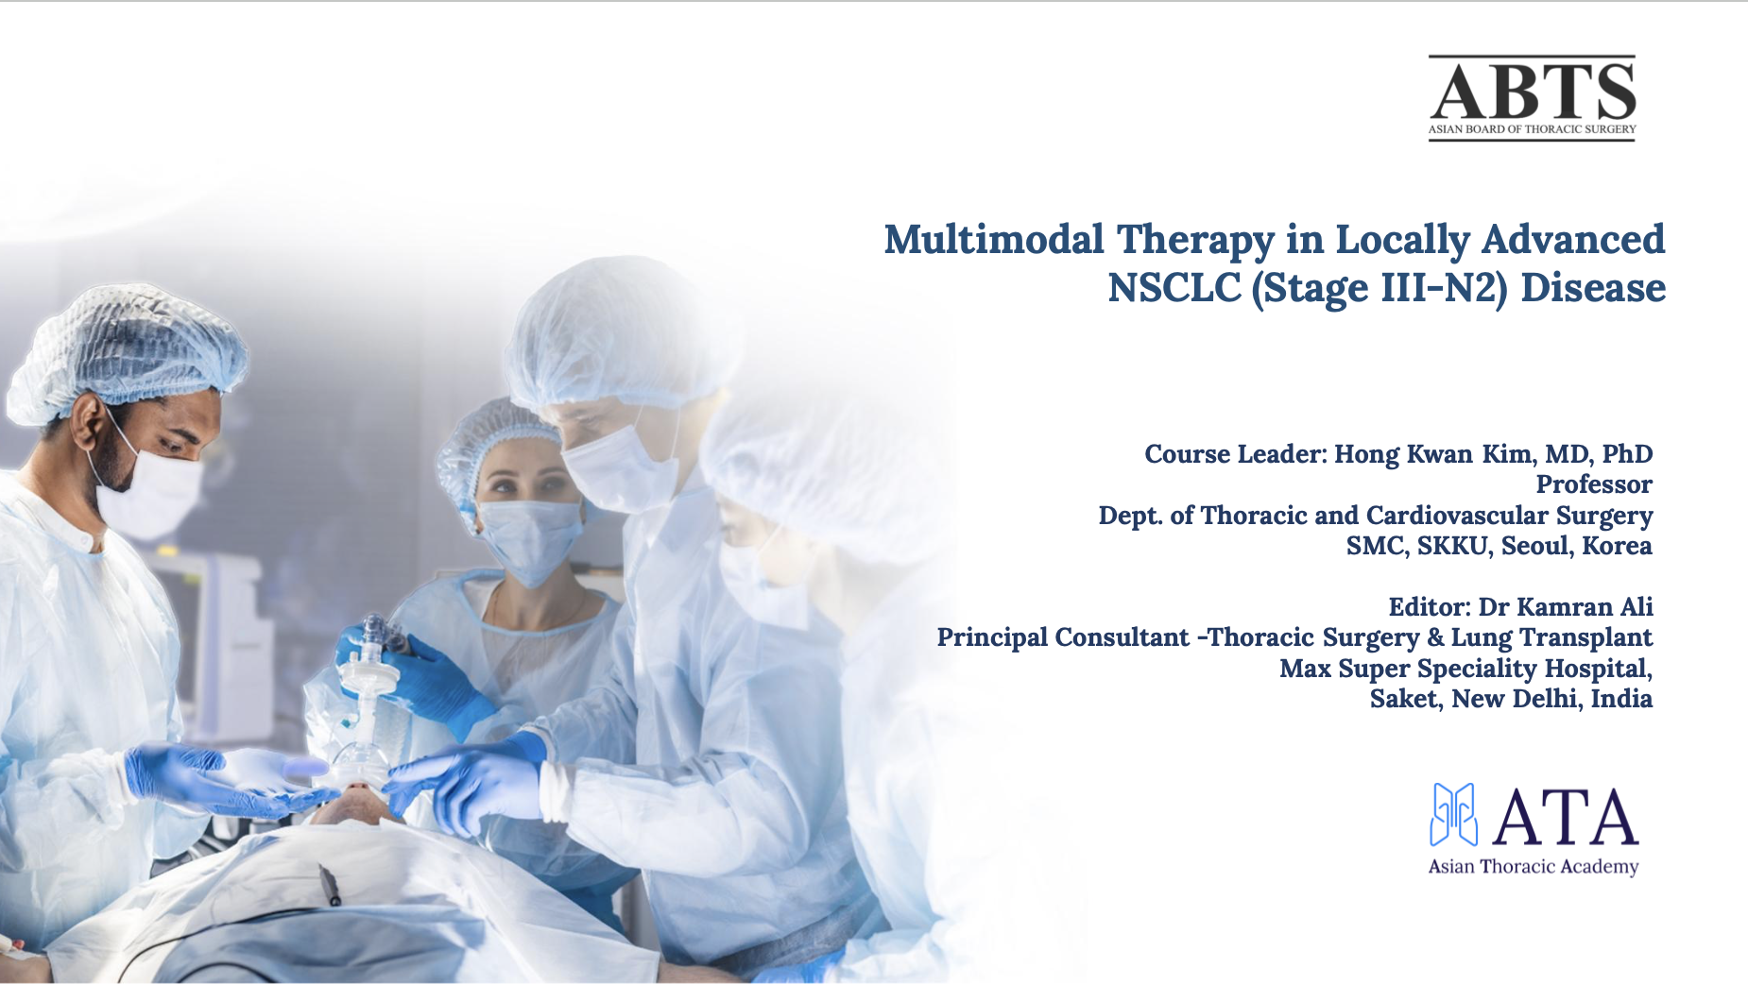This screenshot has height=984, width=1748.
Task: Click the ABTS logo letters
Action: [1532, 92]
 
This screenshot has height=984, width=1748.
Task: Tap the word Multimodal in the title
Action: [994, 240]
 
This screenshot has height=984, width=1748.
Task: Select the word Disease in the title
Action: [1593, 288]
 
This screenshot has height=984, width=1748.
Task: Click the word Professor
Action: [1593, 484]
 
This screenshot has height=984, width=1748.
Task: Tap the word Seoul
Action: [1536, 546]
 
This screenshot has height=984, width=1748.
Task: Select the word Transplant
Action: [1598, 637]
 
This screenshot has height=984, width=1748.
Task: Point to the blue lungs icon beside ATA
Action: [1453, 814]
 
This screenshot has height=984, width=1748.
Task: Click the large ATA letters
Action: [1565, 818]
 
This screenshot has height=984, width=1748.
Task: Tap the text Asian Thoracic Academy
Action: [1533, 867]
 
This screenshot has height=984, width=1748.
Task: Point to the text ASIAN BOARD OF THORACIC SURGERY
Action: [1532, 129]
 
